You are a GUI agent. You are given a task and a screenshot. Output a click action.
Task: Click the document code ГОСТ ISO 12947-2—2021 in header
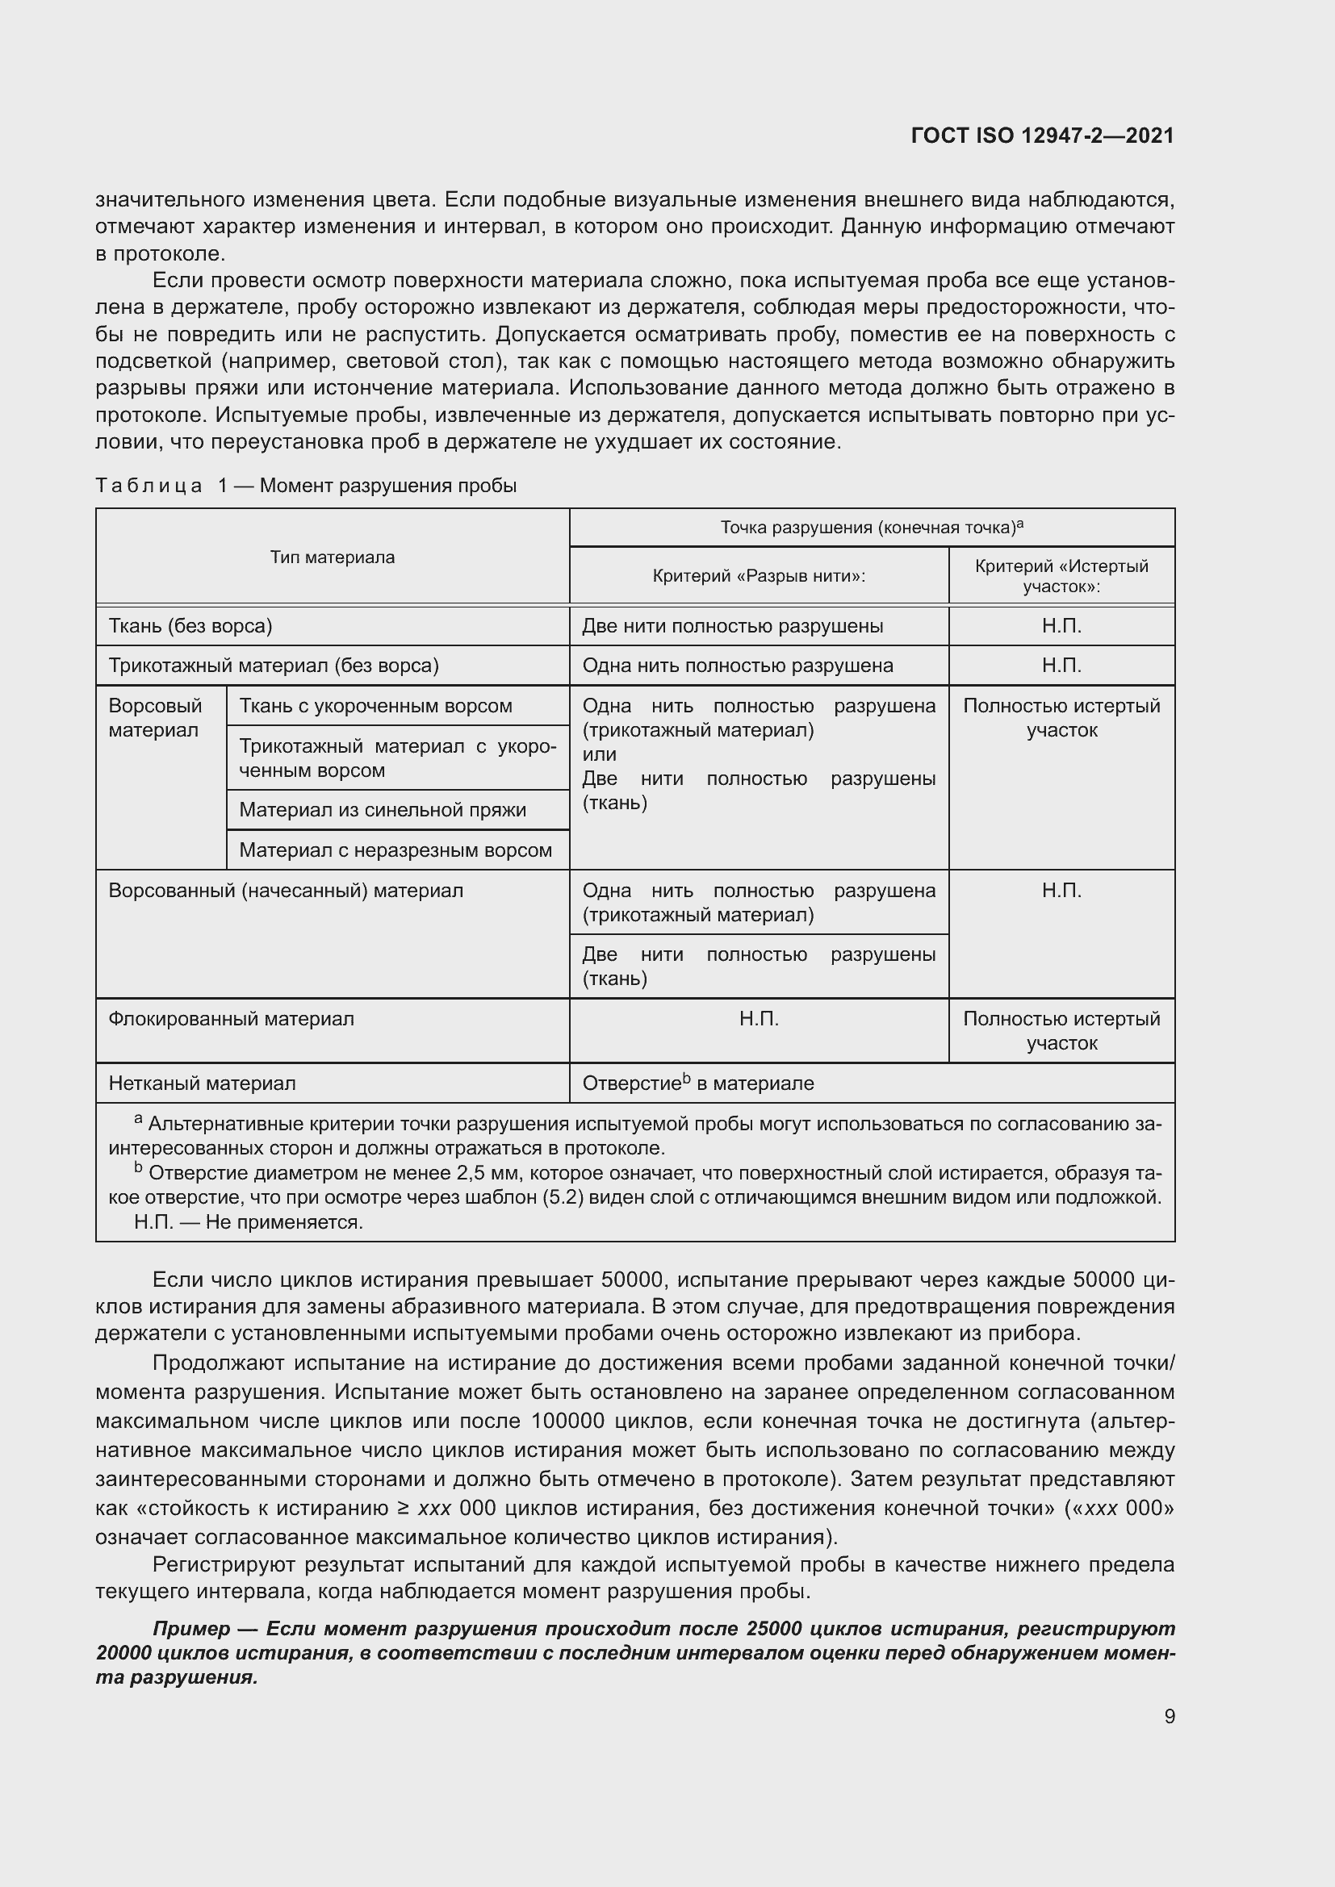[1041, 136]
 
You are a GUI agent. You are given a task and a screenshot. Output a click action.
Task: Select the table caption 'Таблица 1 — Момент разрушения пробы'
[306, 486]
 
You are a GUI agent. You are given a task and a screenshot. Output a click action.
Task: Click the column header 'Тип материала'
[332, 557]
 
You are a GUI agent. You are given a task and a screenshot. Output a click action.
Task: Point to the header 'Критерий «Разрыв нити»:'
[759, 576]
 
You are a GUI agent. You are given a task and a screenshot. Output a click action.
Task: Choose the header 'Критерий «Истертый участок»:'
[1061, 576]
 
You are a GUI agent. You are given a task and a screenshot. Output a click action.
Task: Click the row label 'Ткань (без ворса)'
[190, 626]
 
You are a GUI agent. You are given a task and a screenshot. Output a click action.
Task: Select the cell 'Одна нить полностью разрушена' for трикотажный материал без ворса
[738, 666]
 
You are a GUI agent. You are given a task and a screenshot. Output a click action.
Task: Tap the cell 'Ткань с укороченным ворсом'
[375, 706]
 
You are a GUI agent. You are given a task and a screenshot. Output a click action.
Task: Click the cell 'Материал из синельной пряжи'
[383, 810]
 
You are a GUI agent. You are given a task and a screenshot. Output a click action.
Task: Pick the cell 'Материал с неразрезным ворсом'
[395, 850]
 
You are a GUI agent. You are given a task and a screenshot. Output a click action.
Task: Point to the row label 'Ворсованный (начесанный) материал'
[285, 891]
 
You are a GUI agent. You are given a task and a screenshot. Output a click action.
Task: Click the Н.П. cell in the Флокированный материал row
[759, 1020]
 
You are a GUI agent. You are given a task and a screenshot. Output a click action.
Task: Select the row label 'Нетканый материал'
[202, 1084]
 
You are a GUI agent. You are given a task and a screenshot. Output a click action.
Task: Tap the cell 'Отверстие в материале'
[698, 1084]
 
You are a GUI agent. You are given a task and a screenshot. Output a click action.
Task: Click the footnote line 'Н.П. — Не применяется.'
[249, 1222]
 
